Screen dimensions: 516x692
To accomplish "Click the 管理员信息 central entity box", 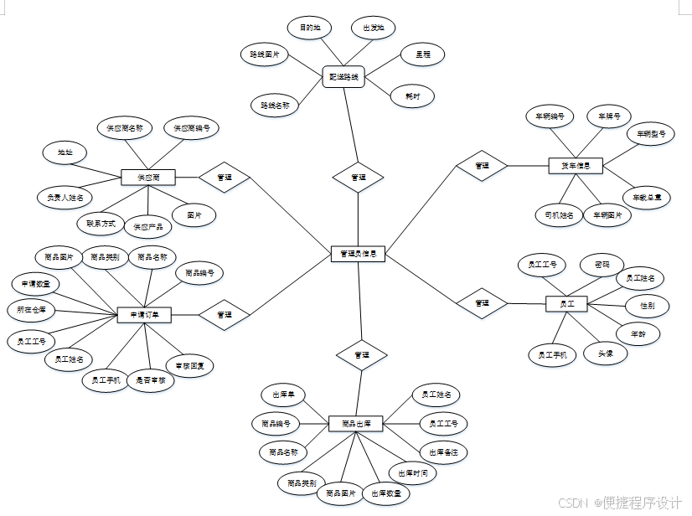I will [358, 254].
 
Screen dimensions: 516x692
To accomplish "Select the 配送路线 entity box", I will [343, 78].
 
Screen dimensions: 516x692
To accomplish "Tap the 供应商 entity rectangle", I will [147, 177].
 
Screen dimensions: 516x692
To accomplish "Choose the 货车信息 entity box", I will [575, 166].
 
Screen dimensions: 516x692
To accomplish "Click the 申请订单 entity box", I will [144, 315].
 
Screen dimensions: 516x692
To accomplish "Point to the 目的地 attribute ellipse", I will [310, 28].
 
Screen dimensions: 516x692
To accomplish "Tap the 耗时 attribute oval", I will [412, 96].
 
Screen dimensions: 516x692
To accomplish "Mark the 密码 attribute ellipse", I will [602, 265].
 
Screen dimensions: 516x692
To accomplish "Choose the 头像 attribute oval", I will [605, 353].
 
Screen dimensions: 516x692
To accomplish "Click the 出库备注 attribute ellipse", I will [443, 452].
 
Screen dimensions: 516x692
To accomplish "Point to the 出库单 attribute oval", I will [283, 395].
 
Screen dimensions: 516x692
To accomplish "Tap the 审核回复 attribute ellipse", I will [189, 366].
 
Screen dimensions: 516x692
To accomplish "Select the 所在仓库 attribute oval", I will [31, 310].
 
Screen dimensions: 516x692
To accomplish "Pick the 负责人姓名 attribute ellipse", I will [65, 199].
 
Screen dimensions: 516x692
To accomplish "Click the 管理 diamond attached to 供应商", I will [225, 177].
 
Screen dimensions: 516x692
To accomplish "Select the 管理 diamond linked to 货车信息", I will [482, 166].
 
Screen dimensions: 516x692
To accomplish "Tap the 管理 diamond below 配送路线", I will [358, 178].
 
